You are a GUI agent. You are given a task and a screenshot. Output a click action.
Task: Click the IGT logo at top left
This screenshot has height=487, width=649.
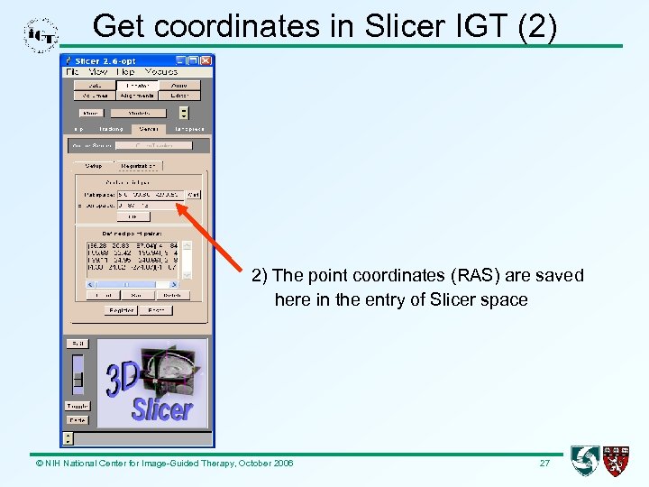click(41, 34)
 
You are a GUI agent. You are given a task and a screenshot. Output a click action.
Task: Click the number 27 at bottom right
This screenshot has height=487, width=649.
click(544, 463)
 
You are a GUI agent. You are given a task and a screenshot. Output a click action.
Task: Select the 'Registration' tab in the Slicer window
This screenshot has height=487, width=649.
click(137, 166)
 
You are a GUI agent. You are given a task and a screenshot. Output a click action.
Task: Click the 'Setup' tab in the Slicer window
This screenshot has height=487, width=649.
click(94, 166)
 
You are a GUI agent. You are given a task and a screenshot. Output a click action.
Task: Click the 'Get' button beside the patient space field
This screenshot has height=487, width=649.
click(194, 194)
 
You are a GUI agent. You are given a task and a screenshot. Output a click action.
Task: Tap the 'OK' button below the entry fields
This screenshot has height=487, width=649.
click(133, 216)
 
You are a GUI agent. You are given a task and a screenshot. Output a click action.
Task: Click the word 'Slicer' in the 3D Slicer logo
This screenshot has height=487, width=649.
click(162, 410)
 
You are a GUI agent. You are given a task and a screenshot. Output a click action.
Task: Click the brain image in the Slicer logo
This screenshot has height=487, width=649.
click(171, 370)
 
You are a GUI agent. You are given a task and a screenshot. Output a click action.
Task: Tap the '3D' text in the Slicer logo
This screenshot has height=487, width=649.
click(122, 379)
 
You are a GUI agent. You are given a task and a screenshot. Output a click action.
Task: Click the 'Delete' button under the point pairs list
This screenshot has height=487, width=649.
click(171, 295)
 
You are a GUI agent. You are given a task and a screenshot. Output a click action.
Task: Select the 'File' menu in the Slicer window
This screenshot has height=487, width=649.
click(73, 71)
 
